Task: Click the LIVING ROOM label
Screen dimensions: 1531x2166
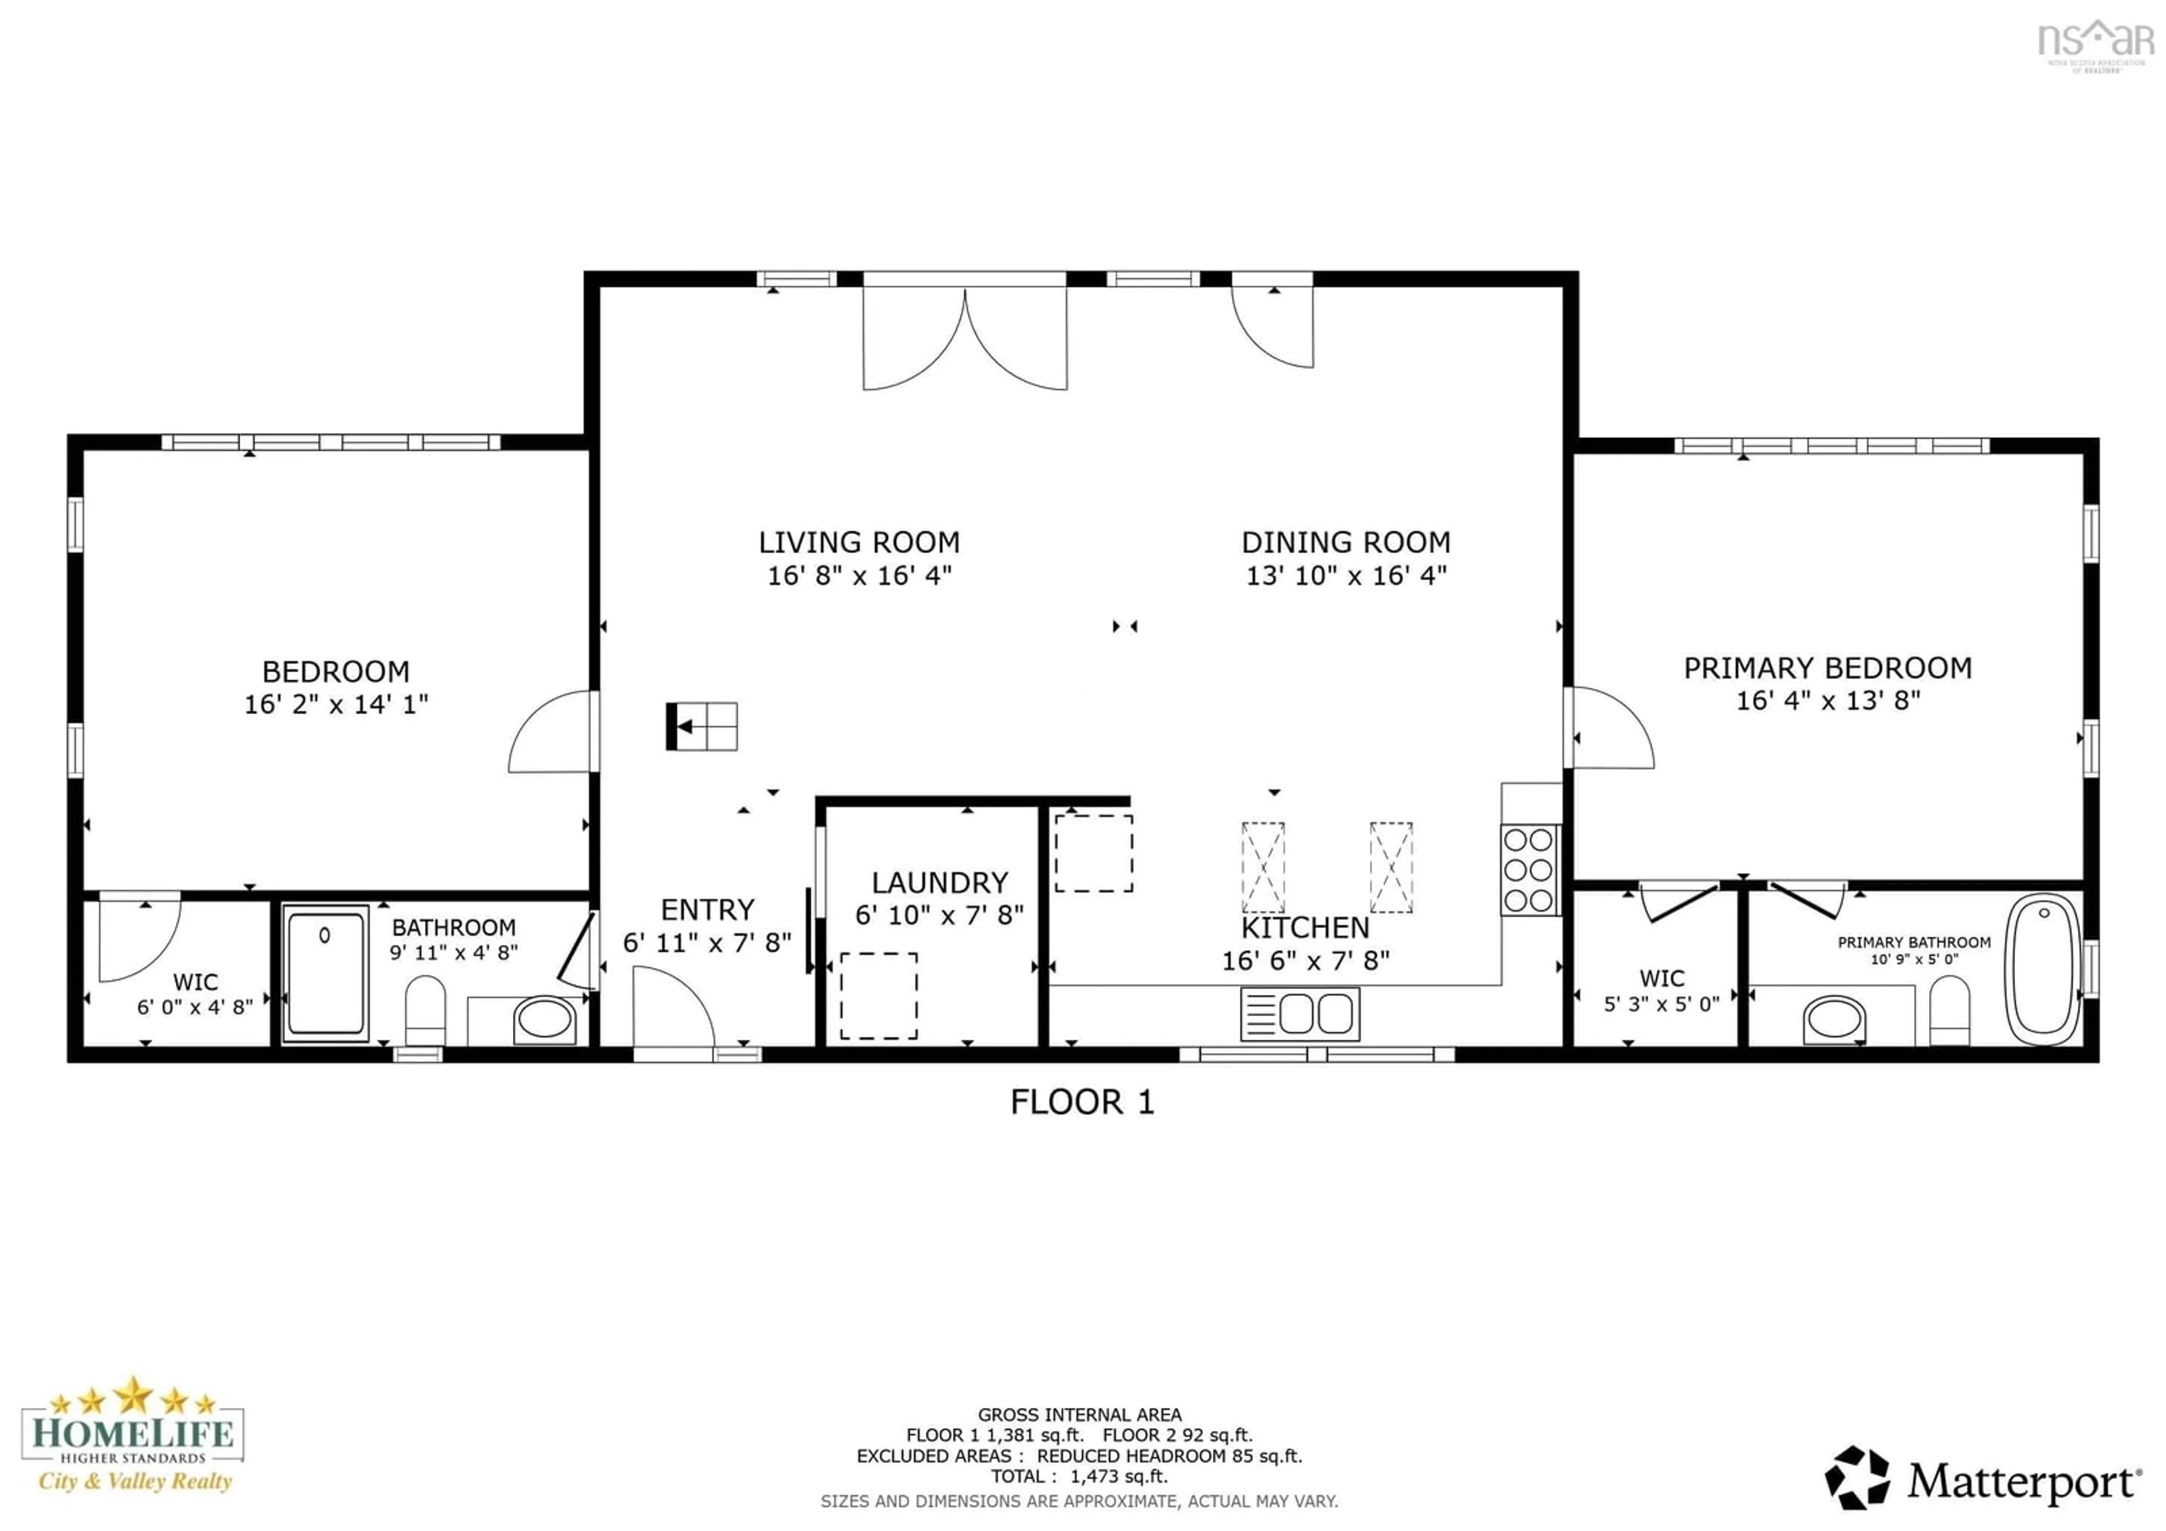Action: coord(859,543)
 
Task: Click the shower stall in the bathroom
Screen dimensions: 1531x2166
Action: coord(325,974)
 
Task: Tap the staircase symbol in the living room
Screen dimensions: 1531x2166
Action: coord(702,727)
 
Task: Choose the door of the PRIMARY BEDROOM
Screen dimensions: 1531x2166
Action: coord(1609,728)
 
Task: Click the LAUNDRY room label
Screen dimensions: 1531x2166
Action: coord(940,883)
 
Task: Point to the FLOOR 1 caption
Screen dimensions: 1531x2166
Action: coord(1082,1102)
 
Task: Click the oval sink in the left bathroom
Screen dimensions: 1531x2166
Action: coord(544,1020)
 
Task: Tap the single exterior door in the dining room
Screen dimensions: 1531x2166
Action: coord(1273,325)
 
